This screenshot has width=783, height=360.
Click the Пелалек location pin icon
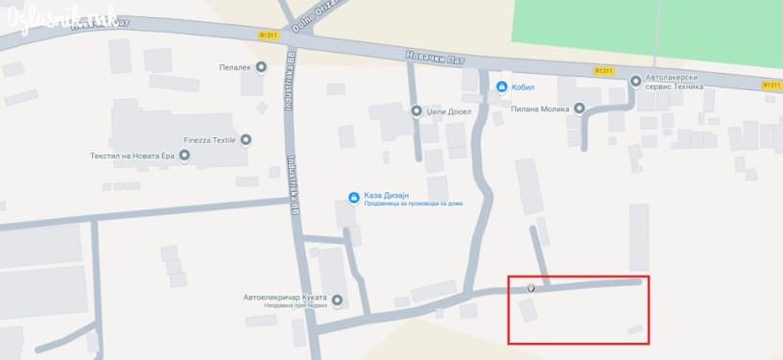tap(261, 67)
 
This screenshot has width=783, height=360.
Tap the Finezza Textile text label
tap(208, 140)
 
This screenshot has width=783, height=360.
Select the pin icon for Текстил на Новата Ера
tap(184, 155)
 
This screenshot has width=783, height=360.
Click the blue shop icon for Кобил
tap(501, 87)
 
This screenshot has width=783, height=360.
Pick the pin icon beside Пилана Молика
tap(579, 108)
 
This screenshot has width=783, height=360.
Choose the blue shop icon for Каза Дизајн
tap(354, 198)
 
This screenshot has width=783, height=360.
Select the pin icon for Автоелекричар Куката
tap(337, 298)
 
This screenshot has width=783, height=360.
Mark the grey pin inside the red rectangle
tap(532, 288)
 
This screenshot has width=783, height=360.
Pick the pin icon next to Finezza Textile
tap(246, 140)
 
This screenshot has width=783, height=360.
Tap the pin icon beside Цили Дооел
tap(416, 110)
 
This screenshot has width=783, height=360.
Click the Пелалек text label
tap(234, 67)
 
